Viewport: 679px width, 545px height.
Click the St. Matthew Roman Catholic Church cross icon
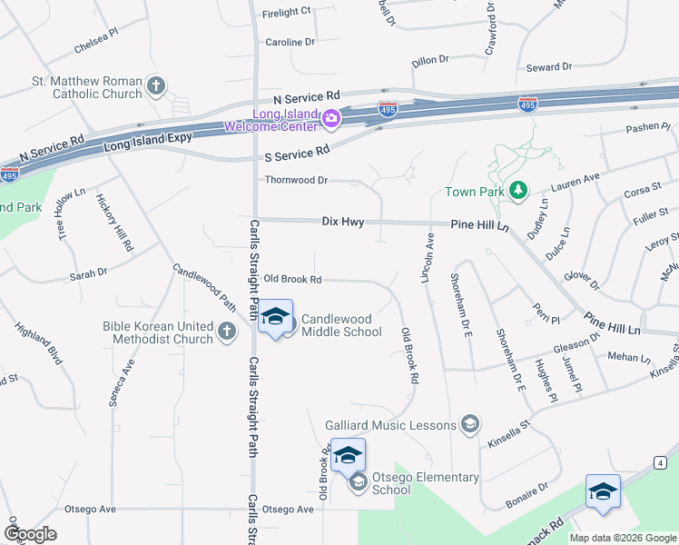click(x=156, y=87)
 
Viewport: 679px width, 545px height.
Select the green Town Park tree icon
click(x=517, y=191)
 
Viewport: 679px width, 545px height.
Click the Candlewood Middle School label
click(x=340, y=325)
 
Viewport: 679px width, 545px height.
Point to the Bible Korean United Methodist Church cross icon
click(x=227, y=333)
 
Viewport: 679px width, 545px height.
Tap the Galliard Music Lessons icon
click(x=470, y=425)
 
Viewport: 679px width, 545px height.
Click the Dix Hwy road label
click(x=343, y=221)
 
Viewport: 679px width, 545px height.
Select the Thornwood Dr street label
click(x=296, y=180)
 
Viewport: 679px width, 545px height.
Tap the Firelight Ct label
click(x=286, y=11)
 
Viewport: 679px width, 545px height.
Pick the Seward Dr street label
click(x=549, y=67)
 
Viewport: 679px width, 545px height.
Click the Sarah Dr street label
click(x=88, y=272)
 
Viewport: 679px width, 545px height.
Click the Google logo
click(x=30, y=534)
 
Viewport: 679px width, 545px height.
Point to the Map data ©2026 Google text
click(x=623, y=538)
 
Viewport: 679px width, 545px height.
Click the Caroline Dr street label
click(x=290, y=42)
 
